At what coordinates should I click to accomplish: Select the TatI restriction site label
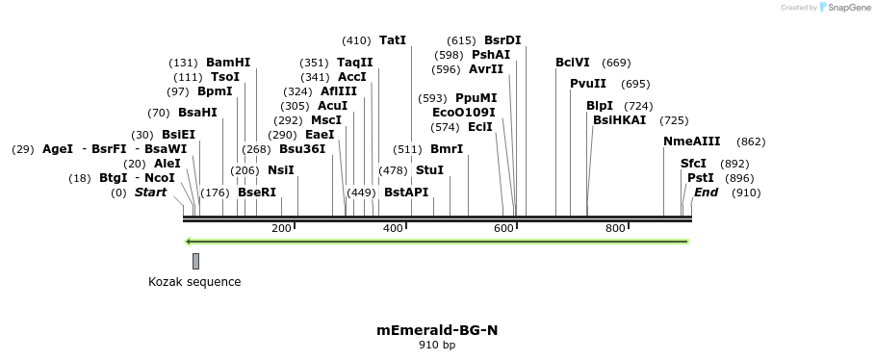click(x=393, y=40)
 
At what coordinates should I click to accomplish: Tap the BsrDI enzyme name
click(x=502, y=40)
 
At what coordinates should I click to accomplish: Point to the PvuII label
click(x=588, y=84)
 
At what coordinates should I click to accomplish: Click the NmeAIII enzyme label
click(x=691, y=141)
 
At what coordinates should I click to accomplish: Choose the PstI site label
click(x=700, y=178)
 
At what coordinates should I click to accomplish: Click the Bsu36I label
click(x=302, y=149)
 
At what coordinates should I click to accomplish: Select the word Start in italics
click(x=150, y=193)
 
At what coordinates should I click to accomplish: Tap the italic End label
click(x=706, y=193)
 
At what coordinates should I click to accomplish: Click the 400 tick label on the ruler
click(x=393, y=228)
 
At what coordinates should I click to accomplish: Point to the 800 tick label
click(x=615, y=228)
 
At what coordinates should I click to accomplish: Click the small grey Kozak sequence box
click(x=195, y=261)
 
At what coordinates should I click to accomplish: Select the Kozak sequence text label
click(x=194, y=282)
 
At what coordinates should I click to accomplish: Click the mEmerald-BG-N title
click(x=437, y=330)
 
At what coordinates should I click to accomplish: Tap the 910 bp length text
click(x=437, y=345)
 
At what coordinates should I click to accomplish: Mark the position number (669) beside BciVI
click(x=616, y=63)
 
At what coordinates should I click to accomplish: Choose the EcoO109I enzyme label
click(x=464, y=113)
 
